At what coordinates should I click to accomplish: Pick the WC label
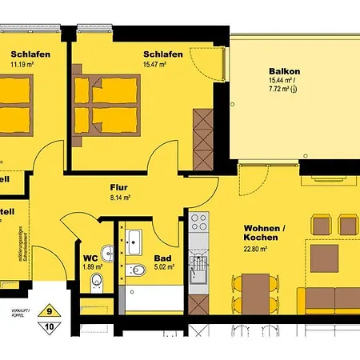[x=90, y=258]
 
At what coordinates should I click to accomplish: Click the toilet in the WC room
[x=97, y=280]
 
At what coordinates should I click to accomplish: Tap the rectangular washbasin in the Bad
[x=133, y=239]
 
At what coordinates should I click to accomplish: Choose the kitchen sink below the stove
[x=197, y=264]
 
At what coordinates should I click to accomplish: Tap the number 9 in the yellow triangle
[x=50, y=313]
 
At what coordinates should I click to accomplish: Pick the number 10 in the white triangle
[x=50, y=326]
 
